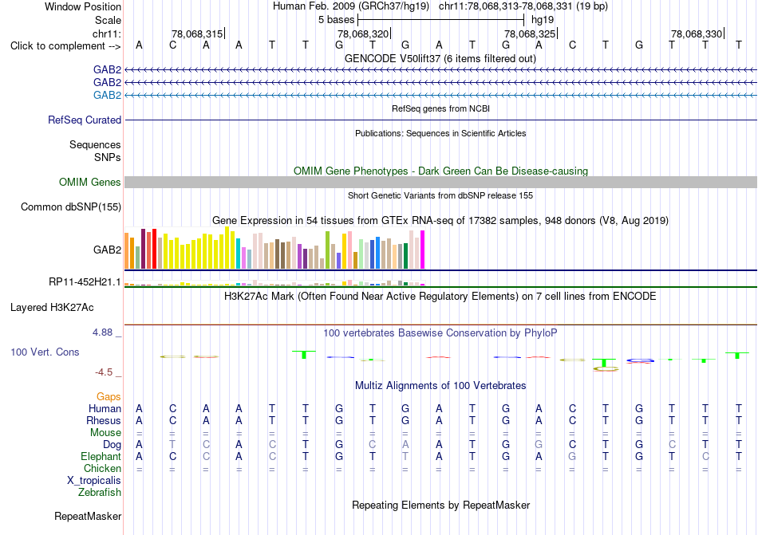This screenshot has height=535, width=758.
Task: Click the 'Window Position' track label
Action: click(83, 6)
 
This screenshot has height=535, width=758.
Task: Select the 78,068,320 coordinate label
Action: click(363, 33)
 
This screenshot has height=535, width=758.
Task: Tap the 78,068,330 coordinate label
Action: click(697, 33)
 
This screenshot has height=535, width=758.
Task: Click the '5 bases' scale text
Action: click(336, 20)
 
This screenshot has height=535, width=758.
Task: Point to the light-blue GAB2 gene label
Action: click(108, 95)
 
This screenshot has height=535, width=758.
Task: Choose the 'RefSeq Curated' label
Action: click(85, 120)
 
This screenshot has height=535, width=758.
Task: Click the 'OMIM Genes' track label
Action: click(90, 182)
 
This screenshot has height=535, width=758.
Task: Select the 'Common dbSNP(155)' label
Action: click(71, 207)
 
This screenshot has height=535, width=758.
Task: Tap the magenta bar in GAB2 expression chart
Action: click(423, 250)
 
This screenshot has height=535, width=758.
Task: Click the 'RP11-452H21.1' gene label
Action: click(85, 282)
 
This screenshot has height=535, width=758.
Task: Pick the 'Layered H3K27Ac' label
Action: click(52, 308)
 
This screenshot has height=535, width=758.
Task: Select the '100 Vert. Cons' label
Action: click(45, 352)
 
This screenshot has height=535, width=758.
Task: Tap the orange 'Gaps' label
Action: click(109, 396)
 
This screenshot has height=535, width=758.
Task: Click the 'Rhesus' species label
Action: click(104, 420)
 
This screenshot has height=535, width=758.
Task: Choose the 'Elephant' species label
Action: click(101, 456)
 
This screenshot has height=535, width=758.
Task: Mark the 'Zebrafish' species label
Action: click(100, 493)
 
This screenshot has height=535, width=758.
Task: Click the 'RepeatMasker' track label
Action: click(88, 516)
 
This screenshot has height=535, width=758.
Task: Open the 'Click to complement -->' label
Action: click(65, 46)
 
